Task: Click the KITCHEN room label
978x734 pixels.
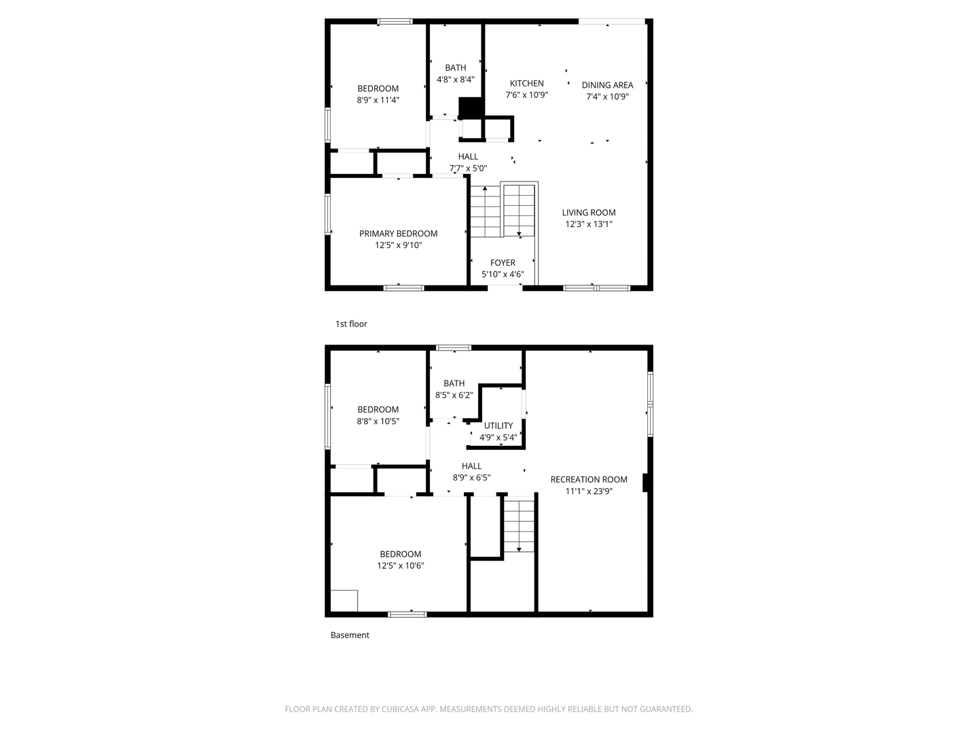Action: pyautogui.click(x=526, y=84)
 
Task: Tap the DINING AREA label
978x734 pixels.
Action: pyautogui.click(x=607, y=85)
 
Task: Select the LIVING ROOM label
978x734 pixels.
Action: pyautogui.click(x=588, y=213)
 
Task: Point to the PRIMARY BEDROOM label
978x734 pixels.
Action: pyautogui.click(x=398, y=234)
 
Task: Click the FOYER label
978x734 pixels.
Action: pyautogui.click(x=503, y=263)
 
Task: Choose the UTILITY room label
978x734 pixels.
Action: pyautogui.click(x=499, y=426)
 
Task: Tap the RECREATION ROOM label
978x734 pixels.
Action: pyautogui.click(x=588, y=480)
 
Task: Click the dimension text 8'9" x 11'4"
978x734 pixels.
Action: pyautogui.click(x=378, y=100)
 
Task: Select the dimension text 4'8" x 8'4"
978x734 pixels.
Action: pyautogui.click(x=455, y=80)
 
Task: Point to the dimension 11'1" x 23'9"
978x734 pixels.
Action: pyautogui.click(x=588, y=491)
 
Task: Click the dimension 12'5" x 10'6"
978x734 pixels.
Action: pyautogui.click(x=400, y=565)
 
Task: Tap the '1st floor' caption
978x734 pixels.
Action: pyautogui.click(x=351, y=324)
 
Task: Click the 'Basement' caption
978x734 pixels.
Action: pyautogui.click(x=350, y=635)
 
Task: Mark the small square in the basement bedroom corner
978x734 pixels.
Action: pyautogui.click(x=344, y=601)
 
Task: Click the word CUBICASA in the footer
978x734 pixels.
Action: pyautogui.click(x=403, y=710)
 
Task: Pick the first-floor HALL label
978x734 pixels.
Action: pyautogui.click(x=468, y=157)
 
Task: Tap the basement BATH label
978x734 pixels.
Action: pyautogui.click(x=454, y=384)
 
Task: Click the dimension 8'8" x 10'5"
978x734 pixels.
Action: pyautogui.click(x=378, y=421)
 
